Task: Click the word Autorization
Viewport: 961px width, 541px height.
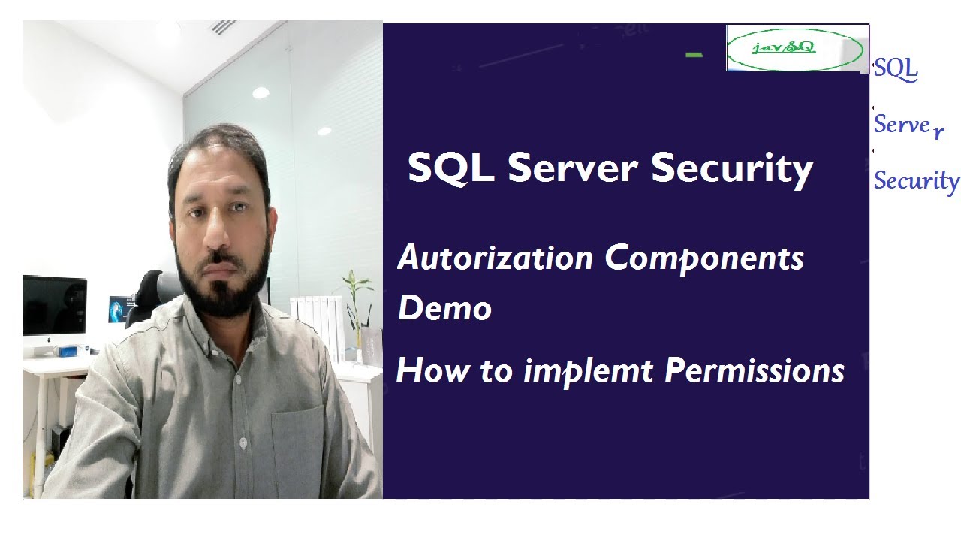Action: coord(495,258)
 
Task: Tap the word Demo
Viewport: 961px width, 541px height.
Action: coord(444,308)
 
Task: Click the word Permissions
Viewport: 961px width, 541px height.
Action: coord(755,370)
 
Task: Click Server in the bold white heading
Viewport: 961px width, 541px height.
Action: coord(574,168)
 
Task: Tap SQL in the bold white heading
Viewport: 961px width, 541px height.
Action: coord(450,168)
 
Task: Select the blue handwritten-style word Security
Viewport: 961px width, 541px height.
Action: coord(916,181)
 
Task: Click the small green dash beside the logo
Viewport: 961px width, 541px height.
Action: coord(694,55)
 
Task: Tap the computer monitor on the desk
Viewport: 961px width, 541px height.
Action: coord(54,307)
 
